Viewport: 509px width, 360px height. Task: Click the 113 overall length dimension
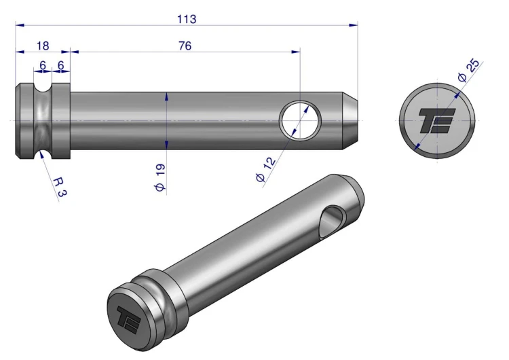click(187, 19)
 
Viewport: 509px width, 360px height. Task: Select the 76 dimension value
click(185, 46)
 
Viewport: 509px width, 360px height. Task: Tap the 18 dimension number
click(43, 46)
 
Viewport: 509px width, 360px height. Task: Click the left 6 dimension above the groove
click(43, 66)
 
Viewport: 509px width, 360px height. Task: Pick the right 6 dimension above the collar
click(60, 66)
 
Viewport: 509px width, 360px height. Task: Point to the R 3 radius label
click(60, 187)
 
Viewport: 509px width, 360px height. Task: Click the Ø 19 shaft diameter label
click(159, 177)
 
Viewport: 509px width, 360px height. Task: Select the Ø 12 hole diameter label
click(266, 169)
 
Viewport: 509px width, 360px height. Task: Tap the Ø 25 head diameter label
click(468, 70)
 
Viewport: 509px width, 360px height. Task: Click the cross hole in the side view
click(300, 120)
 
